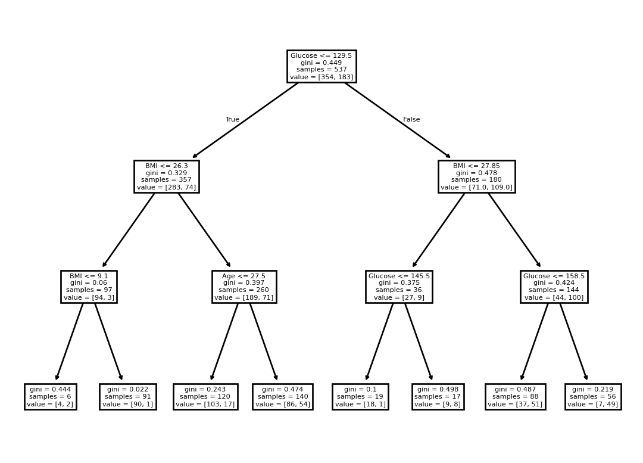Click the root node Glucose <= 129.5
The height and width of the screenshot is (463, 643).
pos(321,67)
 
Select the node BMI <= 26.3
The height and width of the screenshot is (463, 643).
pos(167,176)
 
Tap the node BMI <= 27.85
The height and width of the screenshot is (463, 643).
pos(476,176)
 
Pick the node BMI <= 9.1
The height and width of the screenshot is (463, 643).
pos(89,287)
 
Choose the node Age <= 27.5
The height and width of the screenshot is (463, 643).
pos(244,287)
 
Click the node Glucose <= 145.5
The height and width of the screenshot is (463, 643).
pos(399,287)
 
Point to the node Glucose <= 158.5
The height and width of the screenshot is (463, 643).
pos(554,287)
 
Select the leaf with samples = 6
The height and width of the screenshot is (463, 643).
pos(51,396)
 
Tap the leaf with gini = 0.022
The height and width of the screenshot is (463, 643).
pos(127,396)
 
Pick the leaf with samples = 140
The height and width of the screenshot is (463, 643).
pos(283,396)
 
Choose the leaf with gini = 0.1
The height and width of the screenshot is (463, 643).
pos(360,396)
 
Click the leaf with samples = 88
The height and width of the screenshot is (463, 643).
pos(515,396)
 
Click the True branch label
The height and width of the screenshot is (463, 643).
pos(232,119)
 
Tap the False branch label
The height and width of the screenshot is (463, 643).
pos(411,119)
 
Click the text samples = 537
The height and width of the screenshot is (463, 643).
pos(321,70)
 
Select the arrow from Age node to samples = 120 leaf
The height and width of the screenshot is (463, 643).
pos(224,341)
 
